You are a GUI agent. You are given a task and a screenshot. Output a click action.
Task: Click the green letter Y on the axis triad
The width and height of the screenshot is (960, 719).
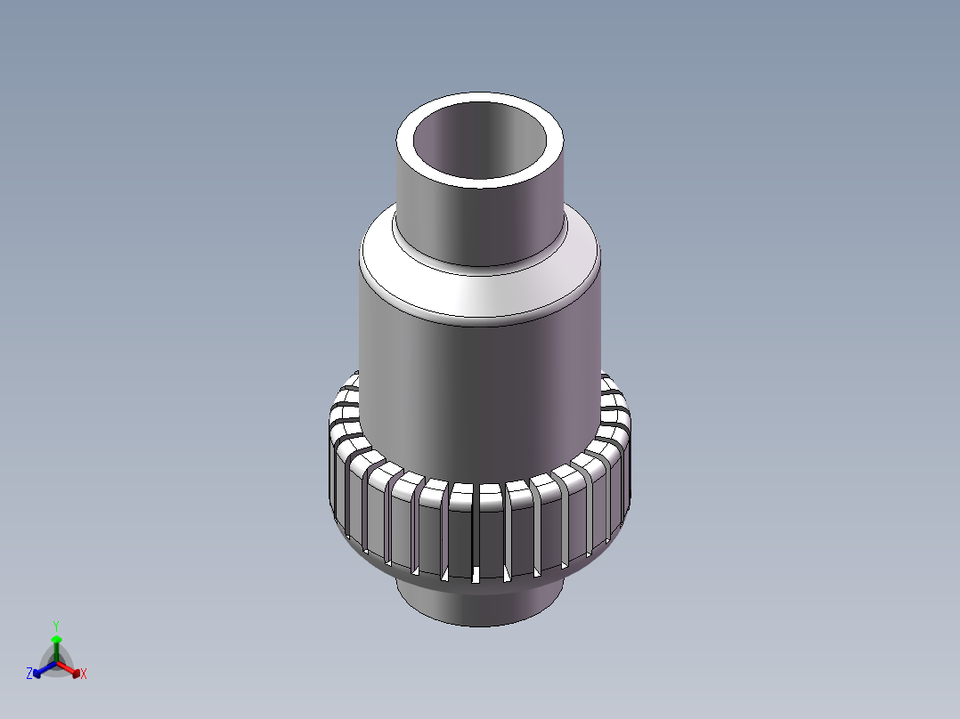pyautogui.click(x=56, y=626)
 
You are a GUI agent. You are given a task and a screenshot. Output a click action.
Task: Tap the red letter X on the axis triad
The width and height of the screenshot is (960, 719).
pyautogui.click(x=84, y=675)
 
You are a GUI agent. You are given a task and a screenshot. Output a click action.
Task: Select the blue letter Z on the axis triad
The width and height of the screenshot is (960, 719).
pyautogui.click(x=29, y=675)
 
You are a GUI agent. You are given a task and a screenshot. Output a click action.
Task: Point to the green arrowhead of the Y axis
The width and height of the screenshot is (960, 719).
pyautogui.click(x=56, y=639)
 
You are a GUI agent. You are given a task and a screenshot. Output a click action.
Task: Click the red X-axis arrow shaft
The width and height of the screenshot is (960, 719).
pyautogui.click(x=67, y=666)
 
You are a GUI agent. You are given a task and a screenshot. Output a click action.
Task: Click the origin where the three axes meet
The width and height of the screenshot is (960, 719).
pyautogui.click(x=56, y=660)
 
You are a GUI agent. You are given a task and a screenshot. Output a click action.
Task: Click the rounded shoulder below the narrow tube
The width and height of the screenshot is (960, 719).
pyautogui.click(x=481, y=294)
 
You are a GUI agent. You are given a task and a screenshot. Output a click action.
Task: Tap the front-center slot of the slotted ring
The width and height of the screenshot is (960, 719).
pyautogui.click(x=477, y=534)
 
